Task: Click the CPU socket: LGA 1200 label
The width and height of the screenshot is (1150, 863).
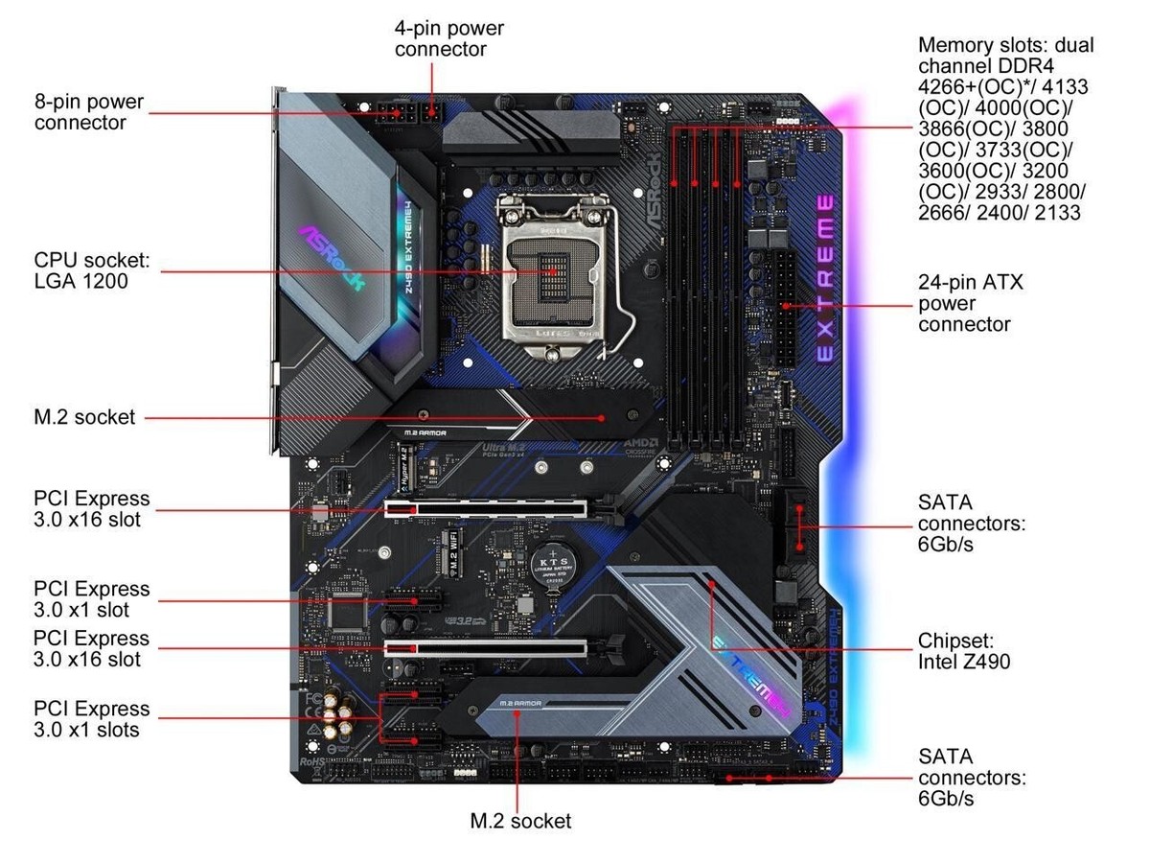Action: (93, 271)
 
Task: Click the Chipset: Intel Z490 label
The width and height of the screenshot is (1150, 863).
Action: (963, 650)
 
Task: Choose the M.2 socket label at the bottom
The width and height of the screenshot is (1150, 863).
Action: (520, 821)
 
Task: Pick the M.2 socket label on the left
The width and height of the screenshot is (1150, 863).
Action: (84, 417)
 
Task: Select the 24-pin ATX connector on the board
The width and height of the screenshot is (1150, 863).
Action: (784, 306)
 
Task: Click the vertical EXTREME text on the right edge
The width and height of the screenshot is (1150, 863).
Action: (825, 278)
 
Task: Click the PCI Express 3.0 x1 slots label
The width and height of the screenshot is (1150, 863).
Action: (92, 719)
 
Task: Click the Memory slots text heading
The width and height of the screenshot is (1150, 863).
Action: (1005, 45)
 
